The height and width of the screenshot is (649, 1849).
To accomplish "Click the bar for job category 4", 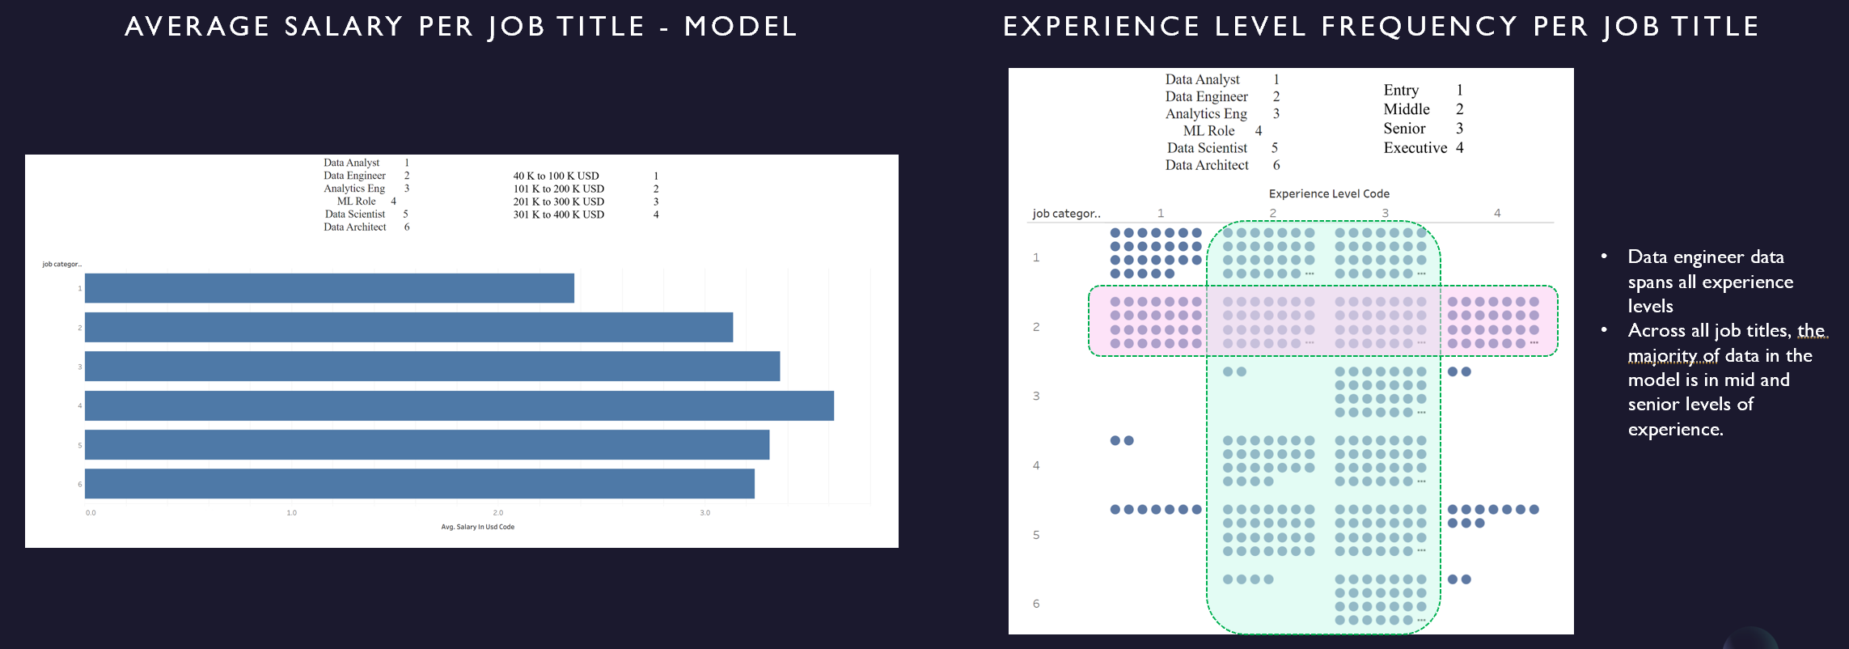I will [459, 405].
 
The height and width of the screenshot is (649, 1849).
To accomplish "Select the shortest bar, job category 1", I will [329, 288].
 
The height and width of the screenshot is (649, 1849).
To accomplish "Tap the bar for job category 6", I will [419, 483].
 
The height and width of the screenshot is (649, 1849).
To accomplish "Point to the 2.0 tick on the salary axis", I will [498, 512].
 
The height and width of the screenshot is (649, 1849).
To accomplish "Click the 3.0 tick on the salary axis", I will [705, 512].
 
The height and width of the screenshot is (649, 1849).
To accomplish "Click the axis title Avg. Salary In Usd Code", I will [477, 527].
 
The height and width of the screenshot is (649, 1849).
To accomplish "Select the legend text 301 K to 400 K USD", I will [558, 214].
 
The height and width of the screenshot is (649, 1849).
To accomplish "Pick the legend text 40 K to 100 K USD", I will [556, 176].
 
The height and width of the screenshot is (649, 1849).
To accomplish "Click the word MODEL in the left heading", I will [740, 27].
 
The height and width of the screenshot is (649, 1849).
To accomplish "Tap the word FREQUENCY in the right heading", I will [1420, 27].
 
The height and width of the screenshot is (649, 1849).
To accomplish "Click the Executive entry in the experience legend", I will [1415, 147].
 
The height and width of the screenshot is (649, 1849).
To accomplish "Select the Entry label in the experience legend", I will [1401, 90].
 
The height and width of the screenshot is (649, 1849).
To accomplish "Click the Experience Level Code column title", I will [1329, 193].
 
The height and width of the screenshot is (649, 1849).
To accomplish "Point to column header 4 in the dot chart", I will [1497, 213].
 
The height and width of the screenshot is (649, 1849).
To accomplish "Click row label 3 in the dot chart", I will [1036, 396].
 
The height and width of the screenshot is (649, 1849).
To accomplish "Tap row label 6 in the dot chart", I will [1036, 604].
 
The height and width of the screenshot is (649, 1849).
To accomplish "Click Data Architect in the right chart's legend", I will [1207, 165].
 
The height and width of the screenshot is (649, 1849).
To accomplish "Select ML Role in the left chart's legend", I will [356, 201].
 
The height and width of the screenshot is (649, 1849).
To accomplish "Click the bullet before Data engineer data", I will [1604, 257].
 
